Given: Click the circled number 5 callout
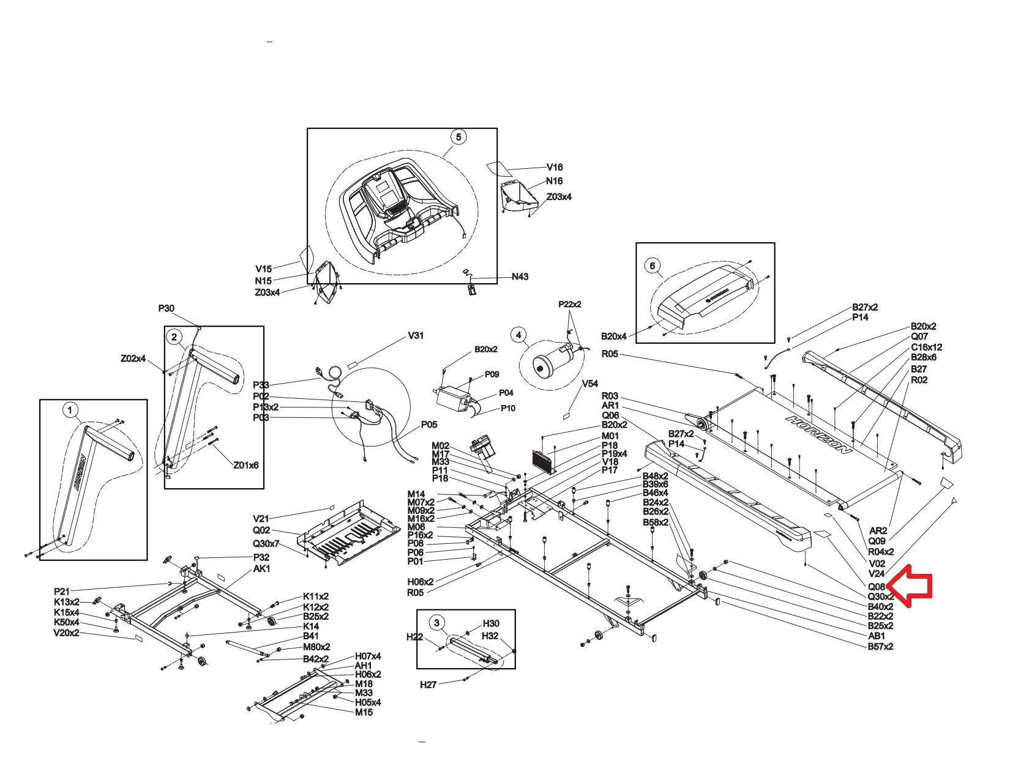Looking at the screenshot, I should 458,137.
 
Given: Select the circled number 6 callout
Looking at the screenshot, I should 653,266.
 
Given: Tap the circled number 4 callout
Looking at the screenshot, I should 519,335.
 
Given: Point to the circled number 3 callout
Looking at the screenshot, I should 436,623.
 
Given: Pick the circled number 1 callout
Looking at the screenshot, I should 70,409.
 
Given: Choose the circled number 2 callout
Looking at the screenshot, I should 174,336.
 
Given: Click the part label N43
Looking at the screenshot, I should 520,277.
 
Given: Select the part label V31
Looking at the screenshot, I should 416,336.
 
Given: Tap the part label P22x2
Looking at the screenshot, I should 569,304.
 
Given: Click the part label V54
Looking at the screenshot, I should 589,384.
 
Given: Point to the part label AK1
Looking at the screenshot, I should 261,568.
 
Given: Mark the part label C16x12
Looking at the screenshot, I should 926,347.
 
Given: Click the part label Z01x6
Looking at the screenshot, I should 245,465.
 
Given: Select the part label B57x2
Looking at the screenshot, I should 880,646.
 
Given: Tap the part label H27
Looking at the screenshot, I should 428,685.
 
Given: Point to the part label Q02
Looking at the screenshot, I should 261,530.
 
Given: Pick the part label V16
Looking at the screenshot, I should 555,167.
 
